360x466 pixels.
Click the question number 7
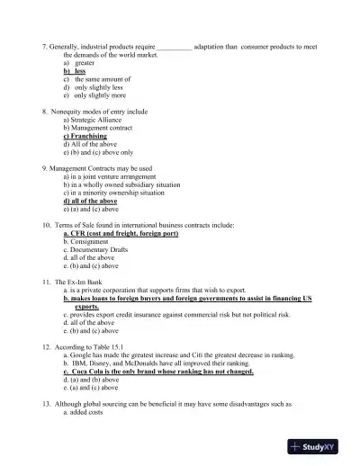[45, 45]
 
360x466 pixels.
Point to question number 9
[45, 168]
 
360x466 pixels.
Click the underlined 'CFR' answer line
[120, 233]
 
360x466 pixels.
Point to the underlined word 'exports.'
[87, 307]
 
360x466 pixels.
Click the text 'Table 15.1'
[112, 346]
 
